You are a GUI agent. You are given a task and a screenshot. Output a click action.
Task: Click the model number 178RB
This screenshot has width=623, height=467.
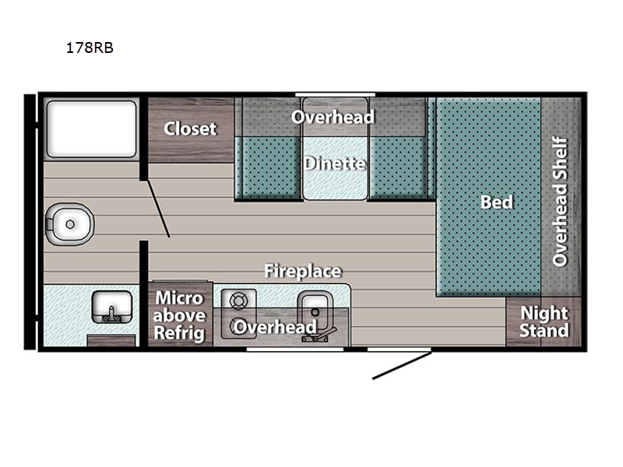point(90,47)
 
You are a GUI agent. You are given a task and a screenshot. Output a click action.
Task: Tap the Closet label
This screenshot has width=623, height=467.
point(190,128)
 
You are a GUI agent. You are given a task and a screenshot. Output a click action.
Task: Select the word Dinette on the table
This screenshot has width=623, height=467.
point(335,163)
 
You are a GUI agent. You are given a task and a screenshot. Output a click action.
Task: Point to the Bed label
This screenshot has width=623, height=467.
point(497,202)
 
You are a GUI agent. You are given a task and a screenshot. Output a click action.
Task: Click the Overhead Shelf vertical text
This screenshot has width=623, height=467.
point(560,202)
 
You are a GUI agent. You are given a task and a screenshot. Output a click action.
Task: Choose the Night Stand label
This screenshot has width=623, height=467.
point(544,321)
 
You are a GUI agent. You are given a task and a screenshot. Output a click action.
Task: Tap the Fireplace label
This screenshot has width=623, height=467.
point(303,271)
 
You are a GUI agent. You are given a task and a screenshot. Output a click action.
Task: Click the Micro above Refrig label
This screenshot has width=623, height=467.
point(180,315)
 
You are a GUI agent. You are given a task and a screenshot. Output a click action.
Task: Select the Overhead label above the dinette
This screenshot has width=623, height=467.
point(333,117)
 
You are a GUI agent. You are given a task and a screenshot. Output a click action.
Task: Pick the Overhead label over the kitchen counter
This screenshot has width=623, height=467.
point(275,327)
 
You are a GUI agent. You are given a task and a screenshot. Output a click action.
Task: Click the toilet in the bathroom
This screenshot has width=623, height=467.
point(69,224)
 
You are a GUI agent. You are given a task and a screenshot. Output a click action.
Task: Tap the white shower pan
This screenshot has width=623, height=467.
point(91,129)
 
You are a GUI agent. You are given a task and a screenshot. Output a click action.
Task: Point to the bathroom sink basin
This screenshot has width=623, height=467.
point(111,307)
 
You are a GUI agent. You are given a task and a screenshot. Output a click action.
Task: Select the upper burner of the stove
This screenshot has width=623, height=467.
point(239,301)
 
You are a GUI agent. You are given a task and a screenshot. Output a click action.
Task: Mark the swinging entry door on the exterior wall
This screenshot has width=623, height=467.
point(402,365)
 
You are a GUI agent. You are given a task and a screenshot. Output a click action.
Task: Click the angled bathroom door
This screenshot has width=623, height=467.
point(159,209)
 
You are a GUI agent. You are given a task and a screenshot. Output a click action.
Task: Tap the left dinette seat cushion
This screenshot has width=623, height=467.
point(269,167)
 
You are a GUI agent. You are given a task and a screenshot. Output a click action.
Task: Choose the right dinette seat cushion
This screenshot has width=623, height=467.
point(399,167)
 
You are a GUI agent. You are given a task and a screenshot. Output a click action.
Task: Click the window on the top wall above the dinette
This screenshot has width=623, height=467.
point(335,94)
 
